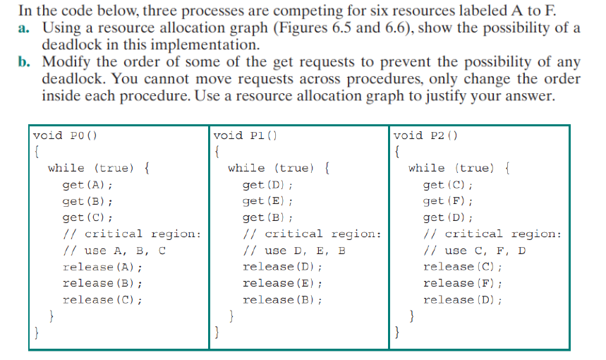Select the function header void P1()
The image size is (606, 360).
(245, 135)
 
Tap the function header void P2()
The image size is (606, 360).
(425, 135)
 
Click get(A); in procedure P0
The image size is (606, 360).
(87, 185)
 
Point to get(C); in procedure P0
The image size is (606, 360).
(87, 217)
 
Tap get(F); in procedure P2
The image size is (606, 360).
(448, 201)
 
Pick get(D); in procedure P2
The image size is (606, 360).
(448, 217)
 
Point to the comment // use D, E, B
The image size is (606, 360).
(295, 251)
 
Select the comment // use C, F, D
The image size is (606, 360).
(475, 251)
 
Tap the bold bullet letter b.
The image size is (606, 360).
(24, 61)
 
